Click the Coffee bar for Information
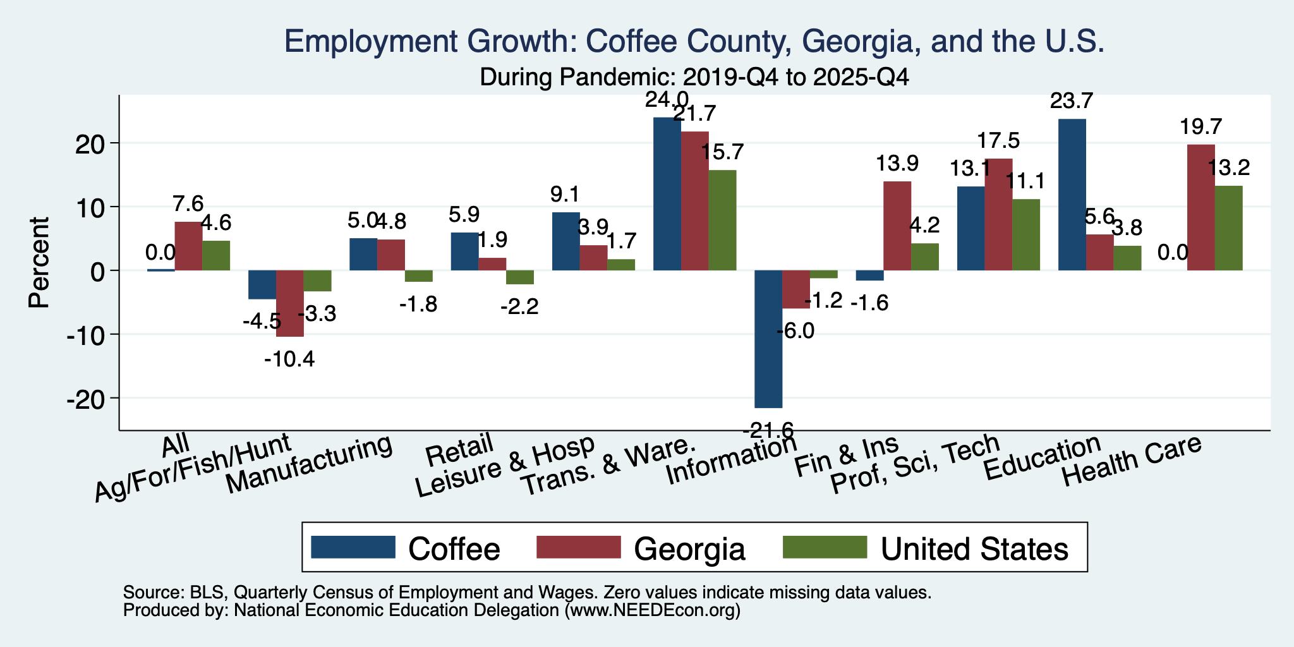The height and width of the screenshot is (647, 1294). click(x=768, y=339)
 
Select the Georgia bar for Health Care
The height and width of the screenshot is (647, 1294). click(x=1201, y=207)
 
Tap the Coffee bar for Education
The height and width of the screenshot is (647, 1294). click(x=1072, y=195)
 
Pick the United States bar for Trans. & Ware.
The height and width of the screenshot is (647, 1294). click(x=722, y=220)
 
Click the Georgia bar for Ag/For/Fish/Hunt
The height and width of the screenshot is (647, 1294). click(x=290, y=304)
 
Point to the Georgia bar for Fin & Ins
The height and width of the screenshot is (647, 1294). click(x=897, y=226)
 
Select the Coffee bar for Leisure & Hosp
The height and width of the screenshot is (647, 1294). click(x=566, y=241)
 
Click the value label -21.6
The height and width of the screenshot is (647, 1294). click(x=768, y=431)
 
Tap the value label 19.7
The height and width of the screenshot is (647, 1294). click(x=1201, y=127)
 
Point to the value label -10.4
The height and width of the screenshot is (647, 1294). click(x=289, y=360)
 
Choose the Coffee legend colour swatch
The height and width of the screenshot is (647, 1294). click(x=353, y=547)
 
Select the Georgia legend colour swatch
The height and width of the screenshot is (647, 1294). click(x=578, y=547)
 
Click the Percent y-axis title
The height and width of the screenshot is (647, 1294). click(x=39, y=262)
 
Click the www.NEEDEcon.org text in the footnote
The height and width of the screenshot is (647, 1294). click(x=652, y=610)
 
